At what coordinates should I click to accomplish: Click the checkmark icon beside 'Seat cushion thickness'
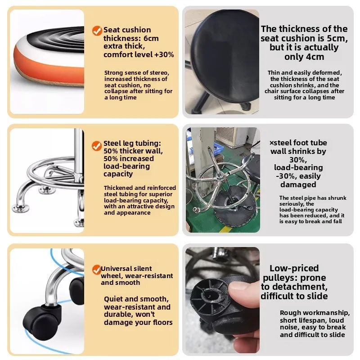(x=97, y=31)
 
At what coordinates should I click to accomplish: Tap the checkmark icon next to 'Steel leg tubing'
(x=97, y=146)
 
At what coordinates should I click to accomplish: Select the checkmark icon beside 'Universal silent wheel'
(x=97, y=270)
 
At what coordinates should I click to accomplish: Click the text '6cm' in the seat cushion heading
(x=150, y=38)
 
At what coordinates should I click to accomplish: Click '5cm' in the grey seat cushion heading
(x=337, y=38)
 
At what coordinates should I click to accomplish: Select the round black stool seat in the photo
(x=225, y=55)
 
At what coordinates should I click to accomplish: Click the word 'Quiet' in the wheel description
(x=113, y=299)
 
